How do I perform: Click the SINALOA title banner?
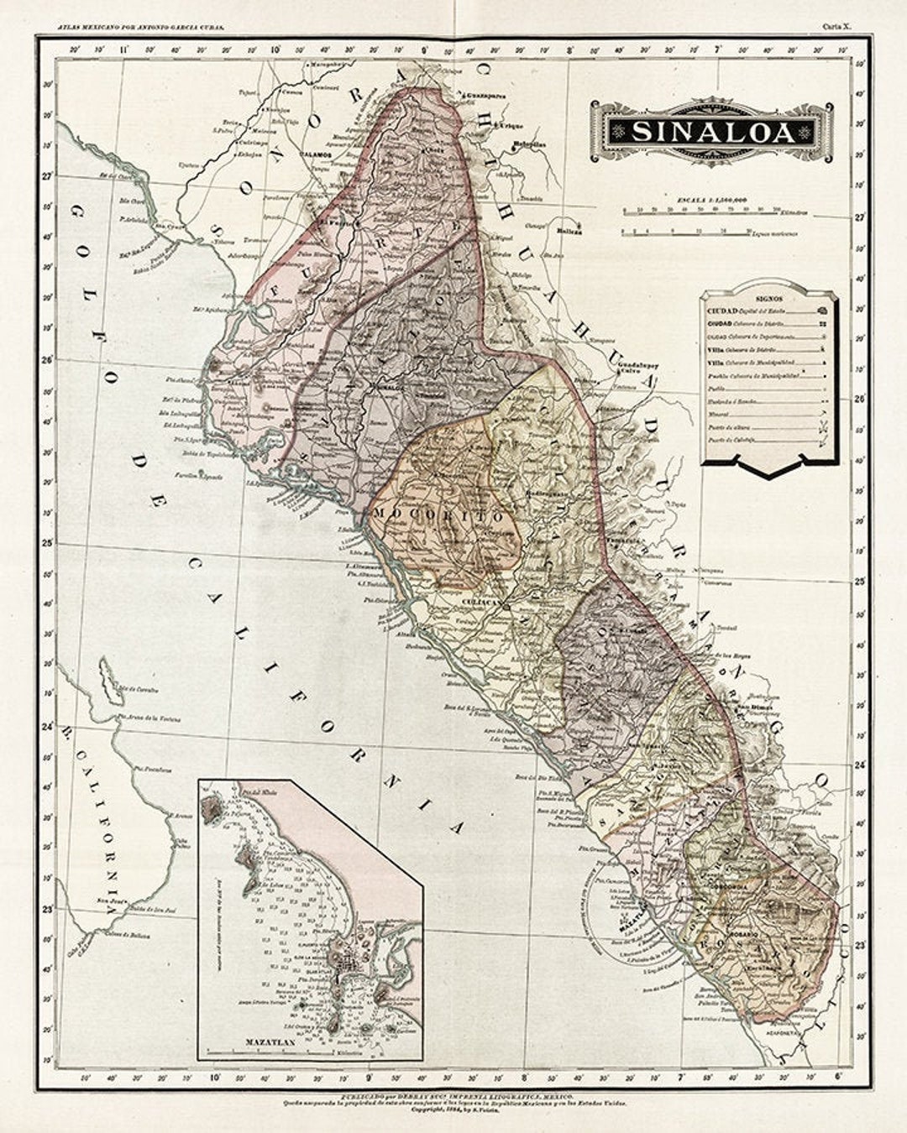[x=712, y=133]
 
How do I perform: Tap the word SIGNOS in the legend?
[x=768, y=298]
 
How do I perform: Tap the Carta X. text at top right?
[x=836, y=27]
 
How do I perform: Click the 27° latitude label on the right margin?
[x=860, y=217]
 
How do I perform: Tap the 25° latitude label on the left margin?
[x=49, y=543]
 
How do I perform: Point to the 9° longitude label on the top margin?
[x=424, y=50]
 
